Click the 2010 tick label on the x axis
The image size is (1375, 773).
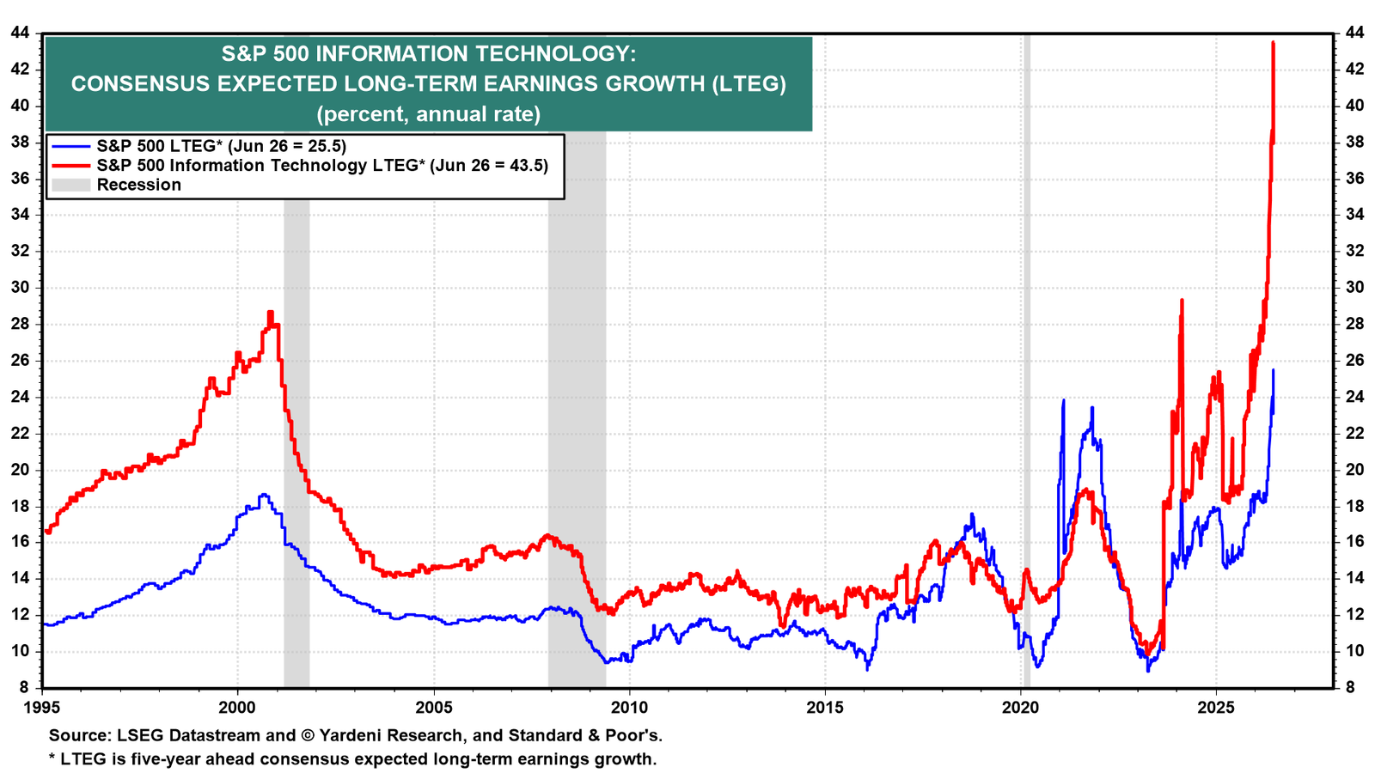[629, 708]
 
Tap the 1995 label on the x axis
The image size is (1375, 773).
[42, 708]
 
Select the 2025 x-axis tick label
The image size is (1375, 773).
[1216, 708]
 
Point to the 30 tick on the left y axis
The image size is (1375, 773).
[21, 288]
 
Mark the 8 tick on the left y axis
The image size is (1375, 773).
[25, 688]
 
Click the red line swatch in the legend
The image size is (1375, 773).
[70, 166]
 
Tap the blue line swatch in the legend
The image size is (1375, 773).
[70, 146]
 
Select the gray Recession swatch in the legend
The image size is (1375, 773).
[70, 185]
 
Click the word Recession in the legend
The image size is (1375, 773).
[138, 185]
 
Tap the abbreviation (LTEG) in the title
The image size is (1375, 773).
[749, 83]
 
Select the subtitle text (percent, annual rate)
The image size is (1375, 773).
[429, 114]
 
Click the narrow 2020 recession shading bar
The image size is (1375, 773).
[1026, 361]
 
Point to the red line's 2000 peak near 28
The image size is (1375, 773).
[270, 313]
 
